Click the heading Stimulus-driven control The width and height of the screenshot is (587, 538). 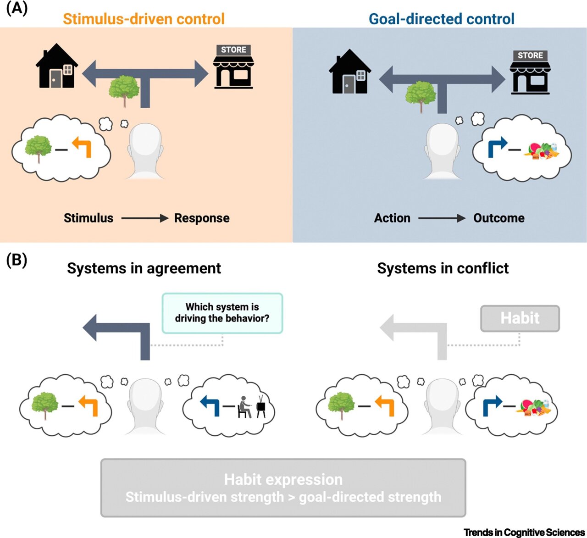tap(144, 19)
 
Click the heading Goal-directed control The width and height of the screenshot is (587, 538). tap(442, 19)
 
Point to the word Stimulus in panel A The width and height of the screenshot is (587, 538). tap(89, 218)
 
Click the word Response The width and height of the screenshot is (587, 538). tap(202, 218)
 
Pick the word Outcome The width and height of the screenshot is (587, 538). tap(498, 218)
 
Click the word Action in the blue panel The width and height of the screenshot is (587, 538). tap(392, 218)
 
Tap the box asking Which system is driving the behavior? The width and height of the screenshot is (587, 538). tap(222, 313)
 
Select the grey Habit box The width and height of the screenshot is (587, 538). tap(520, 318)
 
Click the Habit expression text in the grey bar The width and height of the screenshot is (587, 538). tap(283, 480)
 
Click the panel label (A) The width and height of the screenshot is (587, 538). tap(17, 9)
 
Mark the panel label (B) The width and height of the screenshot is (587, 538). tap(17, 260)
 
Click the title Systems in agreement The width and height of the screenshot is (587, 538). tap(144, 268)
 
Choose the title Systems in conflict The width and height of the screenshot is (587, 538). tap(443, 268)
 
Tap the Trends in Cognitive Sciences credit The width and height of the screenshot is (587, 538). tap(524, 532)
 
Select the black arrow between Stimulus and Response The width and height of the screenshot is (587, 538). tap(144, 218)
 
